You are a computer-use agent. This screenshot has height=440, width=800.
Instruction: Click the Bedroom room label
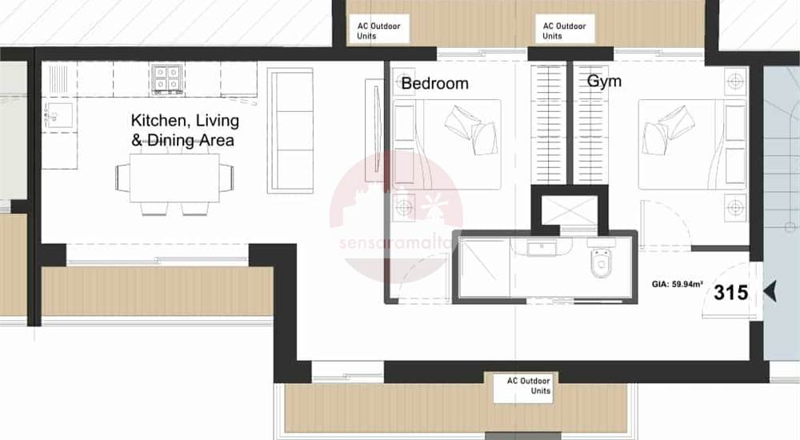click(434, 83)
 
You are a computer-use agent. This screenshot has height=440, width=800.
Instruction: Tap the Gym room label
click(604, 81)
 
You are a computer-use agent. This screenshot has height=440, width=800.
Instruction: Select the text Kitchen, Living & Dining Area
click(185, 130)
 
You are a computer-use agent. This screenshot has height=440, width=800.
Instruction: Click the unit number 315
click(730, 293)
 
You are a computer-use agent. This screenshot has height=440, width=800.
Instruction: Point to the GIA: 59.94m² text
click(677, 284)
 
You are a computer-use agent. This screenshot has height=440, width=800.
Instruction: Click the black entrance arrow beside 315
click(770, 291)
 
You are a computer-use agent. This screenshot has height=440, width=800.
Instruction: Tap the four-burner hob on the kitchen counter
click(167, 79)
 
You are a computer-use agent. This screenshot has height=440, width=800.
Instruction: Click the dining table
click(174, 178)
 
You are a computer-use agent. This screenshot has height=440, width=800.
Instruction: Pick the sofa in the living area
click(290, 130)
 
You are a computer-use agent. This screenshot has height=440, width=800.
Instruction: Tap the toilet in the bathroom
click(601, 259)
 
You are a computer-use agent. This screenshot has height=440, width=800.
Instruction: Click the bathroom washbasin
click(542, 248)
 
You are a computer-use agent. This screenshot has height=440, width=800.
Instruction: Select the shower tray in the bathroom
click(484, 266)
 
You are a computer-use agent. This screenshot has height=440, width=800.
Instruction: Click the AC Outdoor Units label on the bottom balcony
click(529, 386)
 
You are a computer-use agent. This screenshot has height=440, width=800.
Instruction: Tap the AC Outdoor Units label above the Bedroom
click(378, 31)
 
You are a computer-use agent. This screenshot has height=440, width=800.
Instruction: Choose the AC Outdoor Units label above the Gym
click(564, 31)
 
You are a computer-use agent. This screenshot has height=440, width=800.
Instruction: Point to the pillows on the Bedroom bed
click(470, 130)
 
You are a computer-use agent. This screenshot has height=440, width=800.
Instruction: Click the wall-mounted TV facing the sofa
click(375, 130)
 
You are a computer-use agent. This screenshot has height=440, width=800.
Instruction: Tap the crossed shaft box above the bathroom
click(569, 210)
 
